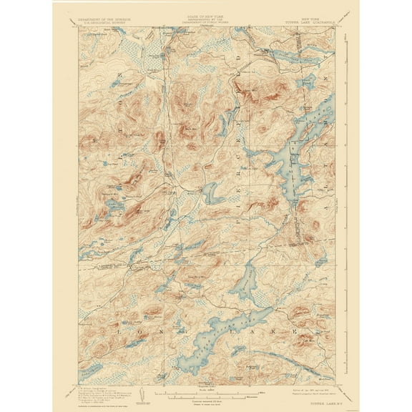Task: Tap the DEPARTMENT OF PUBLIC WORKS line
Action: [205, 23]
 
